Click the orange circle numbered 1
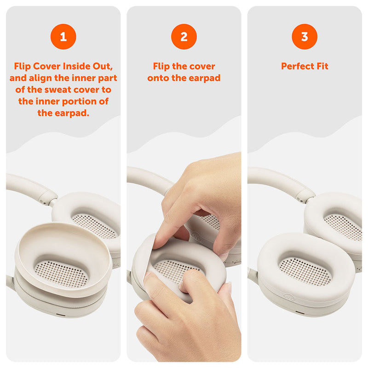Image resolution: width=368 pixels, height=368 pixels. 63,36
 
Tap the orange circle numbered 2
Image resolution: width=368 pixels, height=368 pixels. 184,36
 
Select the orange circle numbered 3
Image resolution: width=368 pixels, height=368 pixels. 305,36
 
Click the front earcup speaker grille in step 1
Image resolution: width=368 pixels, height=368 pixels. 62,273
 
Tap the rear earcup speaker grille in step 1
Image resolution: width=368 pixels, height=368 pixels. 94,225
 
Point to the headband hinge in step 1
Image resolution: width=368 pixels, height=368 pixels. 48,198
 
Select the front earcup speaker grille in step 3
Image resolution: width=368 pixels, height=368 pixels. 305,271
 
